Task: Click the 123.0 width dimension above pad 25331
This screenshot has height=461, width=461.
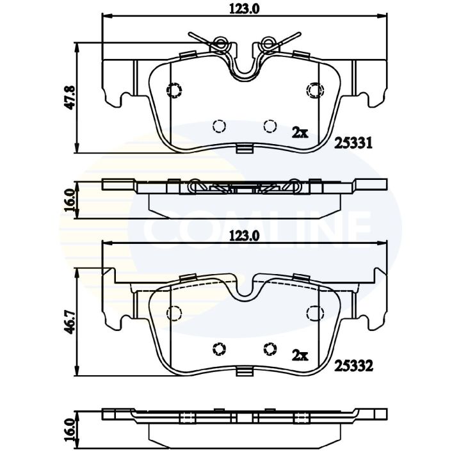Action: (x=244, y=10)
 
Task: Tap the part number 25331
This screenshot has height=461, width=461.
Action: (x=353, y=143)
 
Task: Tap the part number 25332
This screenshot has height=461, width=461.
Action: (x=353, y=366)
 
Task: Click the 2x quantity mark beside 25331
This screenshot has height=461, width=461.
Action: (x=300, y=133)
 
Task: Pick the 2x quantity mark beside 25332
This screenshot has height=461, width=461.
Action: (x=300, y=356)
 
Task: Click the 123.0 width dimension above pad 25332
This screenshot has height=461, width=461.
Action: (x=244, y=236)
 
